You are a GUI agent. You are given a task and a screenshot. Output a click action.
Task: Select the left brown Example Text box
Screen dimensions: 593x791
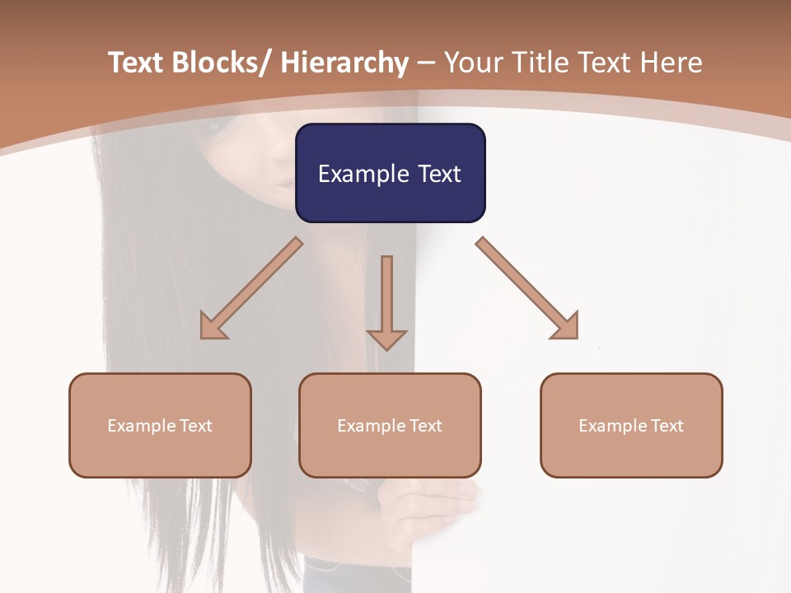(160, 425)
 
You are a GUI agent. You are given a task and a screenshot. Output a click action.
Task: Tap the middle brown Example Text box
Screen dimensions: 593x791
(390, 425)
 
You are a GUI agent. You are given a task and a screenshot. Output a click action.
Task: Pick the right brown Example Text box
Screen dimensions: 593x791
(631, 425)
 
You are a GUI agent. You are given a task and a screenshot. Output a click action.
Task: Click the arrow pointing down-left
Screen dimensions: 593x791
(251, 289)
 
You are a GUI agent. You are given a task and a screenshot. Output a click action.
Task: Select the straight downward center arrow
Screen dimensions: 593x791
(386, 301)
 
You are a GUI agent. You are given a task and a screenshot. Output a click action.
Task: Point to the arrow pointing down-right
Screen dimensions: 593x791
(527, 288)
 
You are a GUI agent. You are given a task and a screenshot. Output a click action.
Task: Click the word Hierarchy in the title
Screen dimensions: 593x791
(344, 63)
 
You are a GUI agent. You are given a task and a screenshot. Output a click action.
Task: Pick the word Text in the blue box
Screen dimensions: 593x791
(438, 174)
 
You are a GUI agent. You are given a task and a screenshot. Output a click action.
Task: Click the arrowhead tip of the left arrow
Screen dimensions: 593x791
(204, 336)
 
